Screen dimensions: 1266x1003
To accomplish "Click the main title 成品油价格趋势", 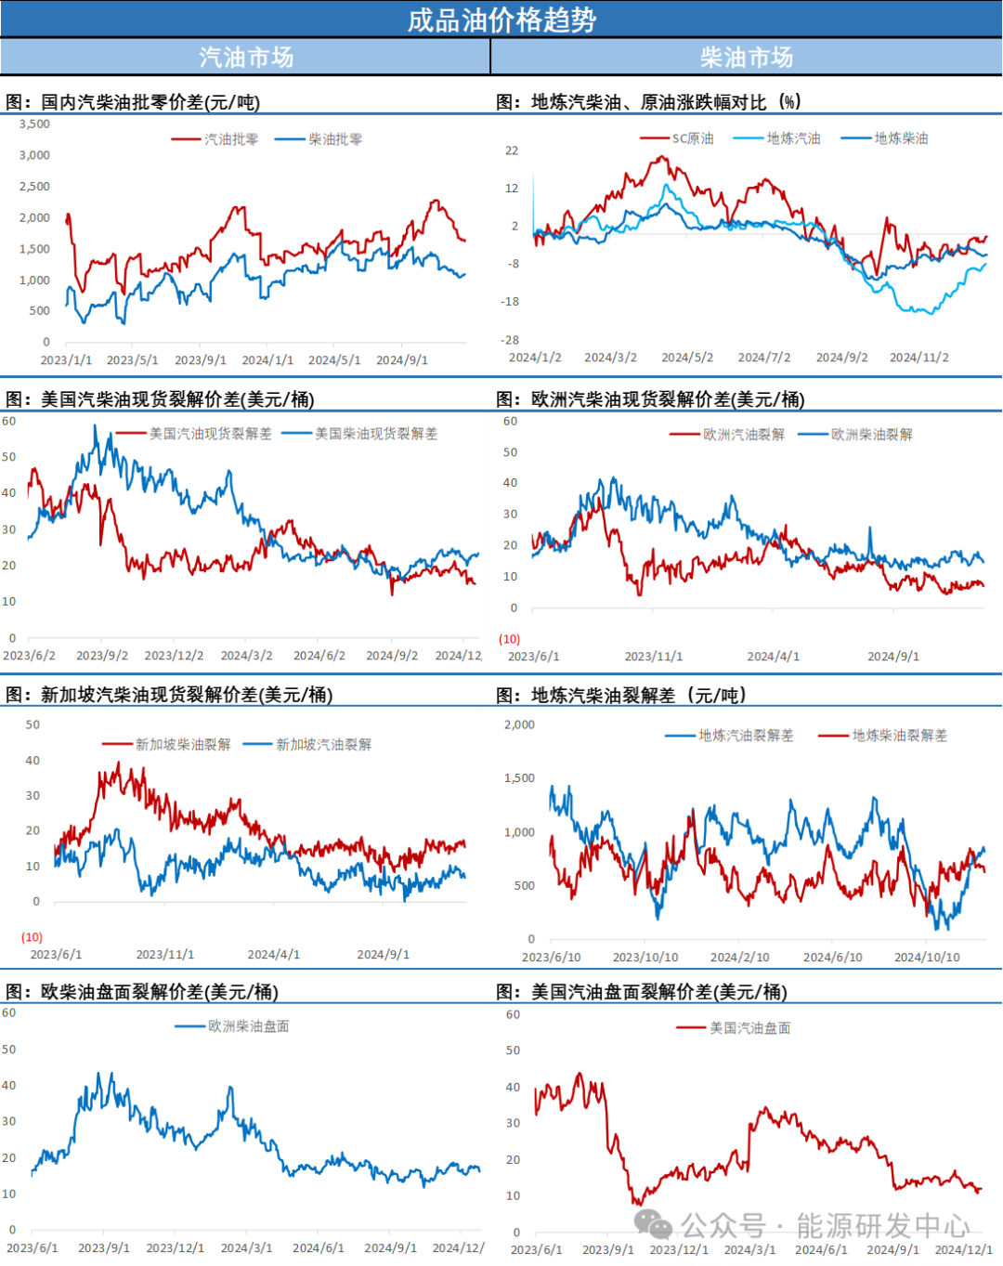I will coord(501,20).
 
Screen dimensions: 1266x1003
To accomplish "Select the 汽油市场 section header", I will coord(246,58).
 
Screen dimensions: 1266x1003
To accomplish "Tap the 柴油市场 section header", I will coord(747,58).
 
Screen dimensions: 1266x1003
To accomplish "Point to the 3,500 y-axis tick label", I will coord(34,124).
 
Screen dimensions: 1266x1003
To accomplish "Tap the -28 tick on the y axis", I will coord(512,340).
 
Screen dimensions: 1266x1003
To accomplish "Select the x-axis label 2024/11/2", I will coord(918,358).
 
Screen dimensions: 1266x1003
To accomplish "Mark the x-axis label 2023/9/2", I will coord(102,656).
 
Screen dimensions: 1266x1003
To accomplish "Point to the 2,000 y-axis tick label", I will coord(519,724).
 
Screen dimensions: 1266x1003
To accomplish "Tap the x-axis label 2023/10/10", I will coord(645,957).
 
